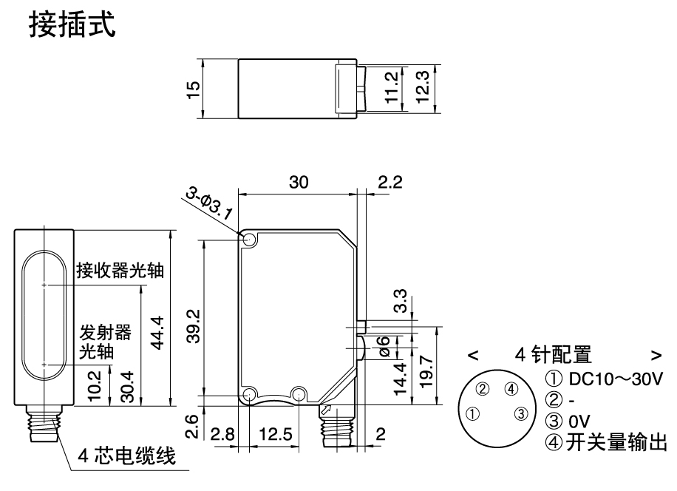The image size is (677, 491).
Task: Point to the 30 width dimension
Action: coord(299,183)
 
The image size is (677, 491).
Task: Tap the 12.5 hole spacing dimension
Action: coord(274,434)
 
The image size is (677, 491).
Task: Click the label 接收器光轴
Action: coord(120,271)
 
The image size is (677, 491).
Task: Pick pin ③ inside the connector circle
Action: coord(520,413)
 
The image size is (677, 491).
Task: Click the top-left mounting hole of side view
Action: coord(248,240)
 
